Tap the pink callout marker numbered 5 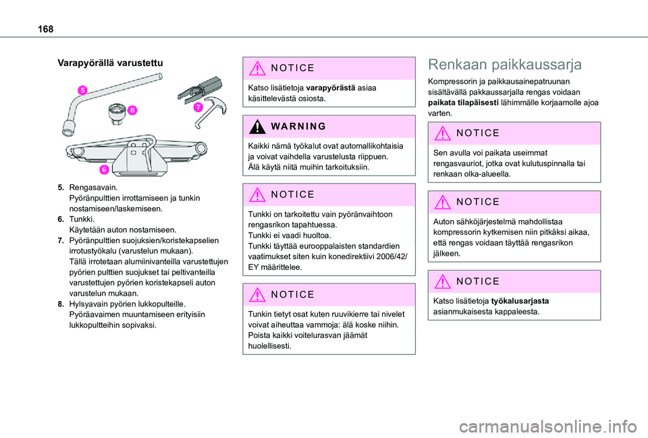pyautogui.click(x=81, y=90)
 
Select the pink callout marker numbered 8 pyautogui.click(x=133, y=110)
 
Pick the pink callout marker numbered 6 pyautogui.click(x=105, y=169)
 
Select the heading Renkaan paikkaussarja pyautogui.click(x=505, y=65)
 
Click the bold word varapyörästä pyautogui.click(x=331, y=88)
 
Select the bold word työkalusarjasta pyautogui.click(x=520, y=302)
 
